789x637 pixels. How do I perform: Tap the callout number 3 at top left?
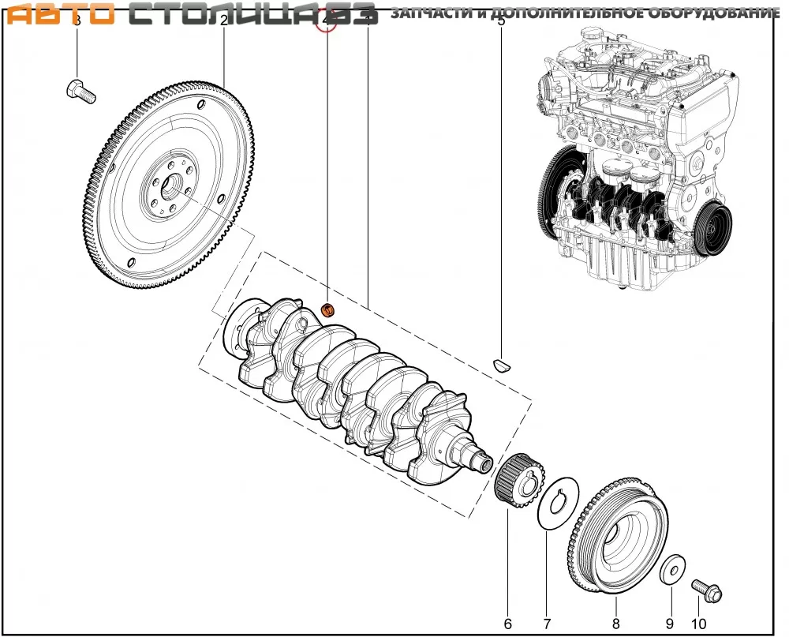(77, 21)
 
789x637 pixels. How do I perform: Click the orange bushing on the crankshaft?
(331, 309)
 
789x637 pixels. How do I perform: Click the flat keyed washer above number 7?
(559, 503)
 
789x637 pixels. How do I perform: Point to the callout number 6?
(508, 624)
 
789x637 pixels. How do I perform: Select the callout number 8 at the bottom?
(616, 624)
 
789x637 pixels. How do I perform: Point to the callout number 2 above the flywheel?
(224, 21)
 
